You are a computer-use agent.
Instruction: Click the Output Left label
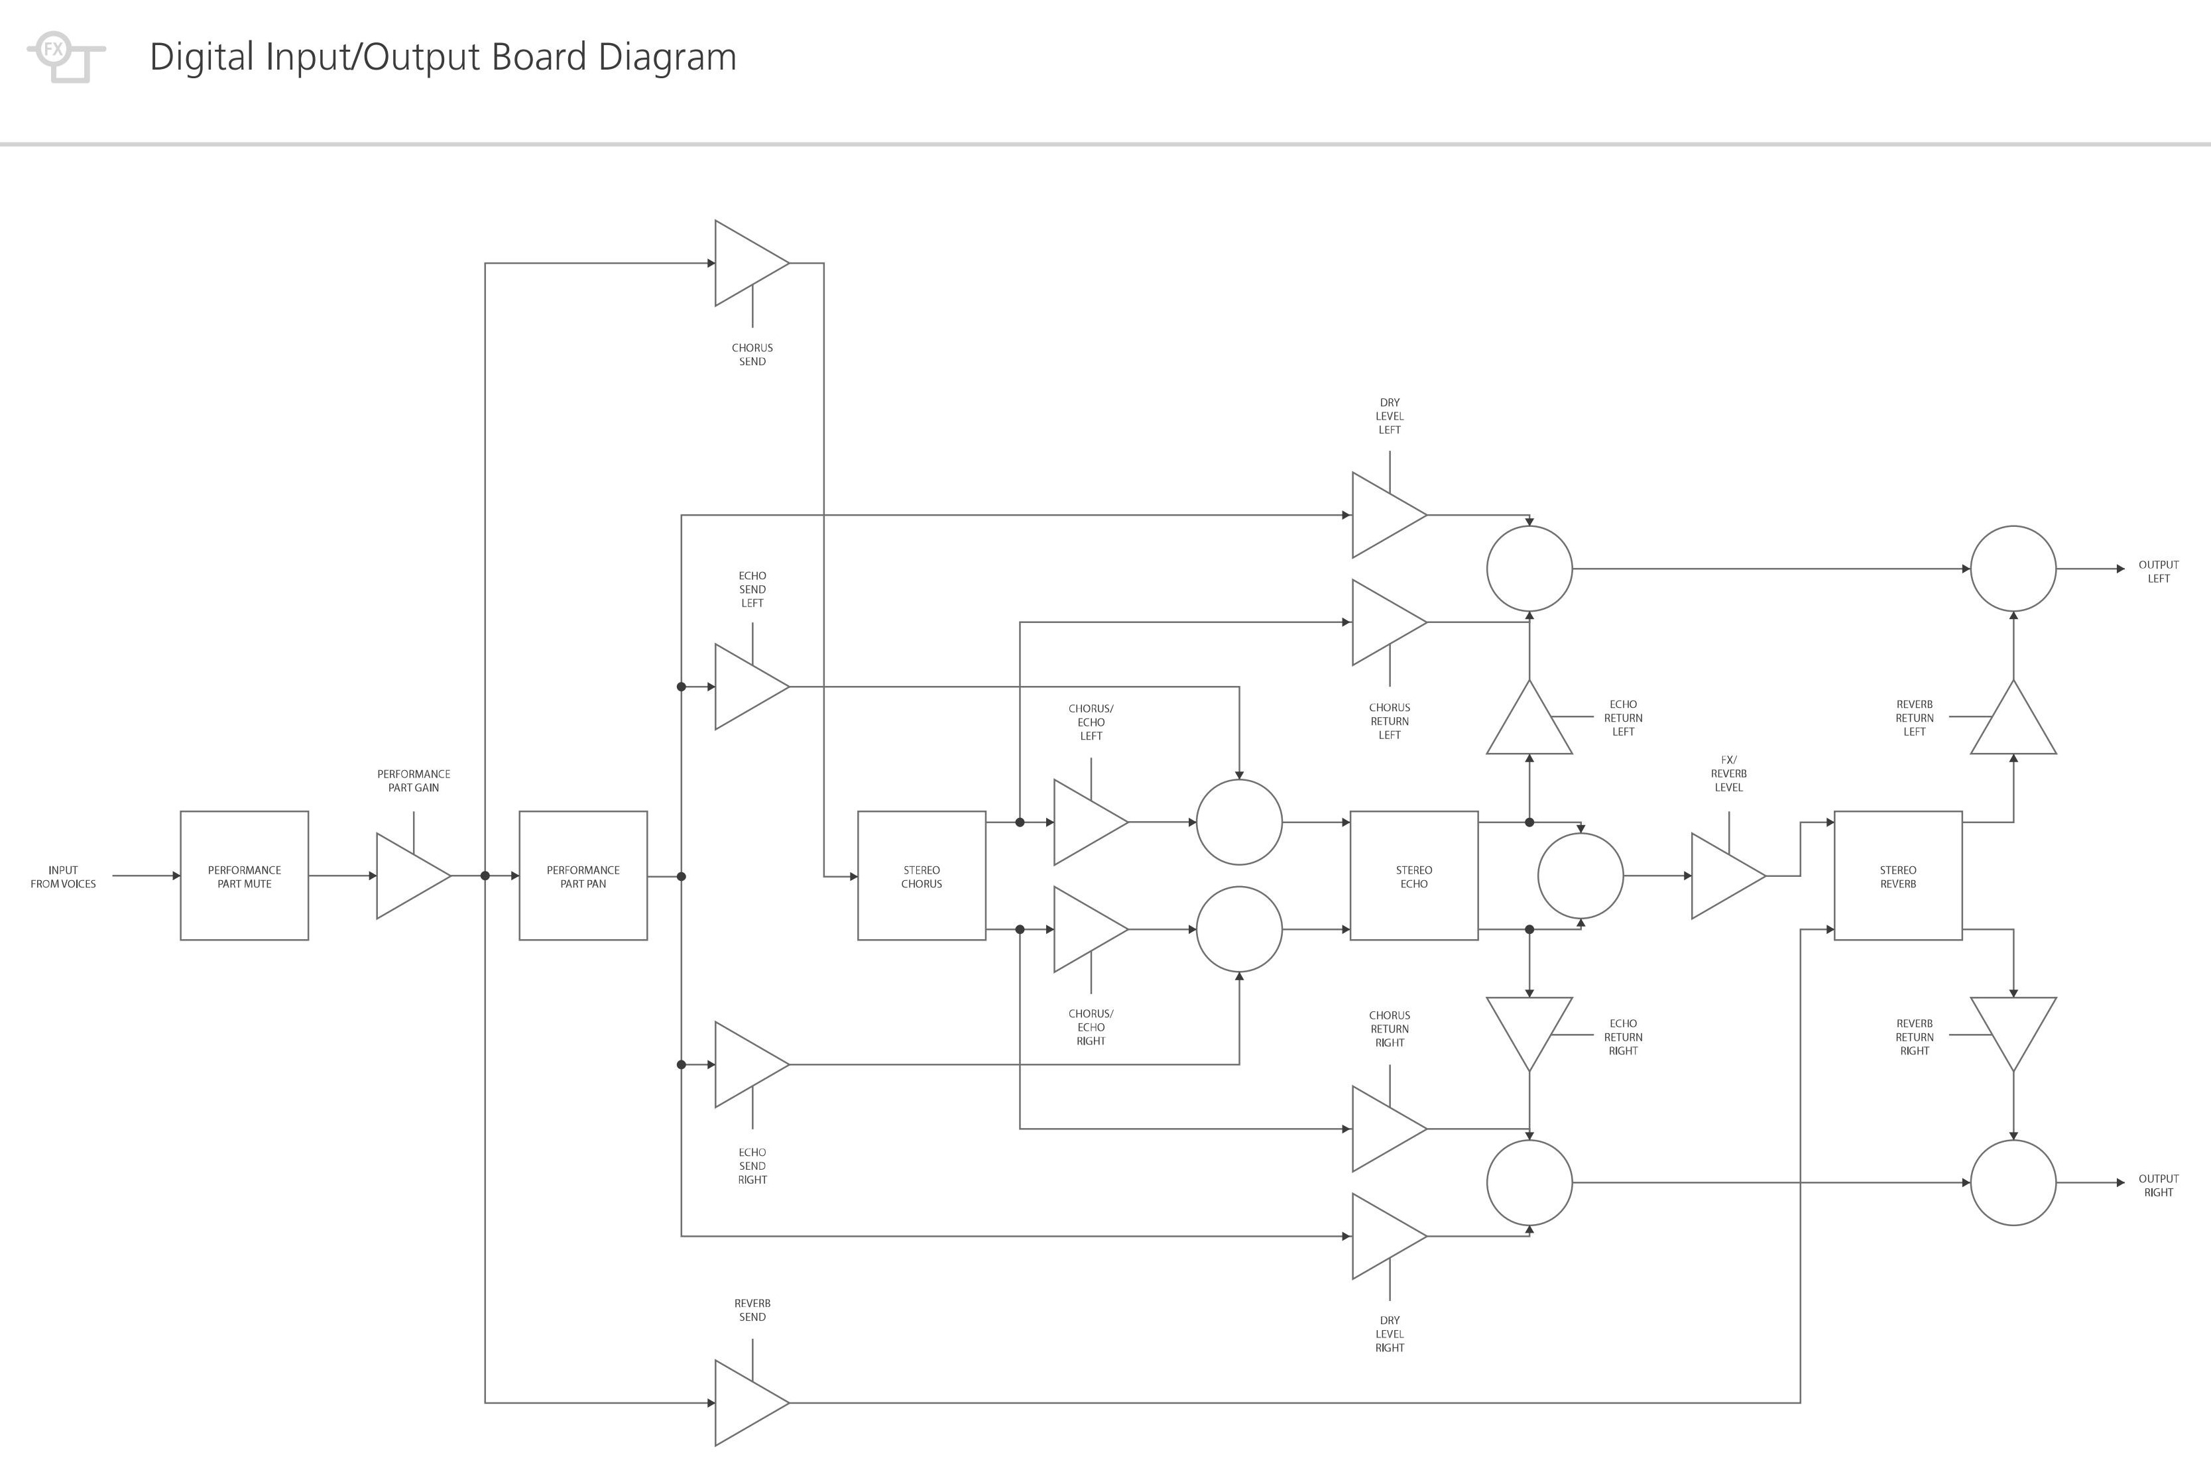[2159, 571]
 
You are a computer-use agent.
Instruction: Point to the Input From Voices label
[63, 876]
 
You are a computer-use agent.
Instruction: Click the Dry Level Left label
[1390, 416]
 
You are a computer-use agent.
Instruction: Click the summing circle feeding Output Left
[2013, 568]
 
